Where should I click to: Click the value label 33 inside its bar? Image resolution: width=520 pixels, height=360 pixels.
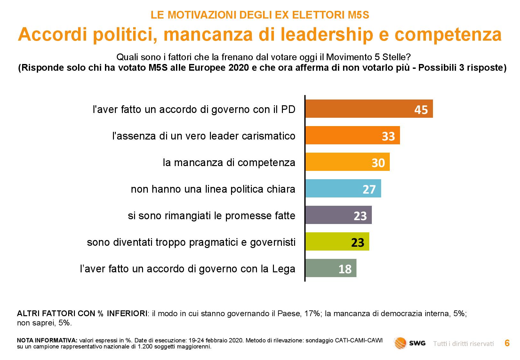388,136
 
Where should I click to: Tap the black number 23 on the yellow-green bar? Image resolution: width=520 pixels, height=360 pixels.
358,243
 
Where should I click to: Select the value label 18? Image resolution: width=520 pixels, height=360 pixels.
345,269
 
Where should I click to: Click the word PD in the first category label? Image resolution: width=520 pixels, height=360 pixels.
288,109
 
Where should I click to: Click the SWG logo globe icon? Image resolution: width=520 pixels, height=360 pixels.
400,343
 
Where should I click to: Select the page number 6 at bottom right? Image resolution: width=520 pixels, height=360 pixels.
507,343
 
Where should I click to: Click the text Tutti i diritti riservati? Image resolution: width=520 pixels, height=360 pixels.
463,344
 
